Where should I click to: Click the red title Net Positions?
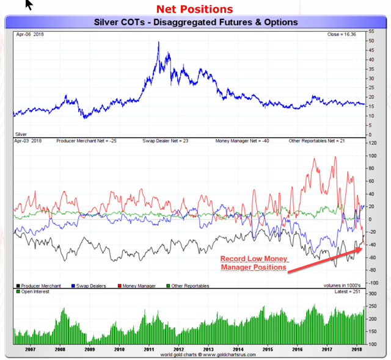[194, 9]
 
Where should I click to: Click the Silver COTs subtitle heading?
[195, 22]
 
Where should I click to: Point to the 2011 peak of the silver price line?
[159, 42]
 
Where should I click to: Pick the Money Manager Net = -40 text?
[243, 141]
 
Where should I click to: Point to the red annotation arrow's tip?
[362, 243]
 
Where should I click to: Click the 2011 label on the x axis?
[148, 350]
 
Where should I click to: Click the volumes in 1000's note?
[342, 286]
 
